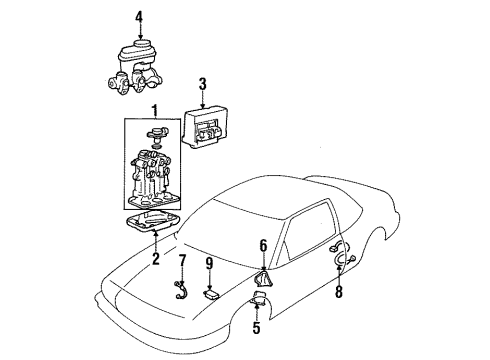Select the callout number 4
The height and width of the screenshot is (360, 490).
139,16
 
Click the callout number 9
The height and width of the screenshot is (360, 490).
208,265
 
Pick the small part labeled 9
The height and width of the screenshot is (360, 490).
212,292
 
